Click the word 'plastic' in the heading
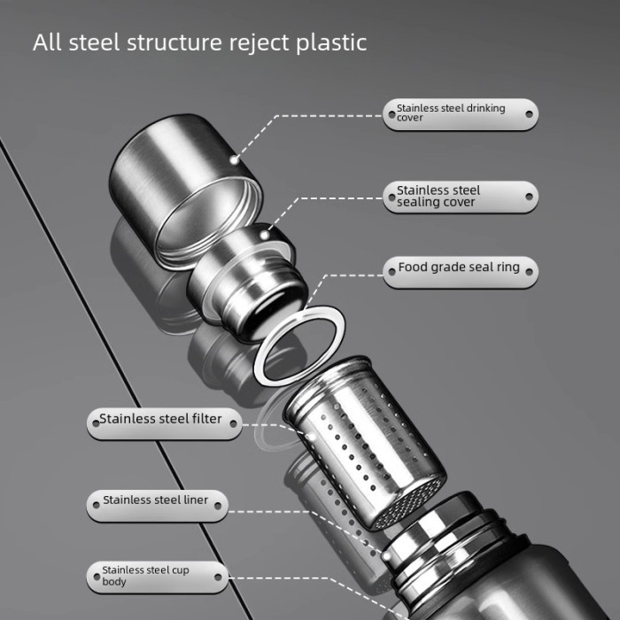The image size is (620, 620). coord(329,43)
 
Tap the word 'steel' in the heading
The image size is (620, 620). coord(97,43)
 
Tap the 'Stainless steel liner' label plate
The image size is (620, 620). coord(158,501)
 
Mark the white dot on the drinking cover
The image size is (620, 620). coord(233,159)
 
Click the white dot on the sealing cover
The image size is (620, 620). coord(270,236)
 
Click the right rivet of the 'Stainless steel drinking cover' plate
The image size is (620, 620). coord(529,113)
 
